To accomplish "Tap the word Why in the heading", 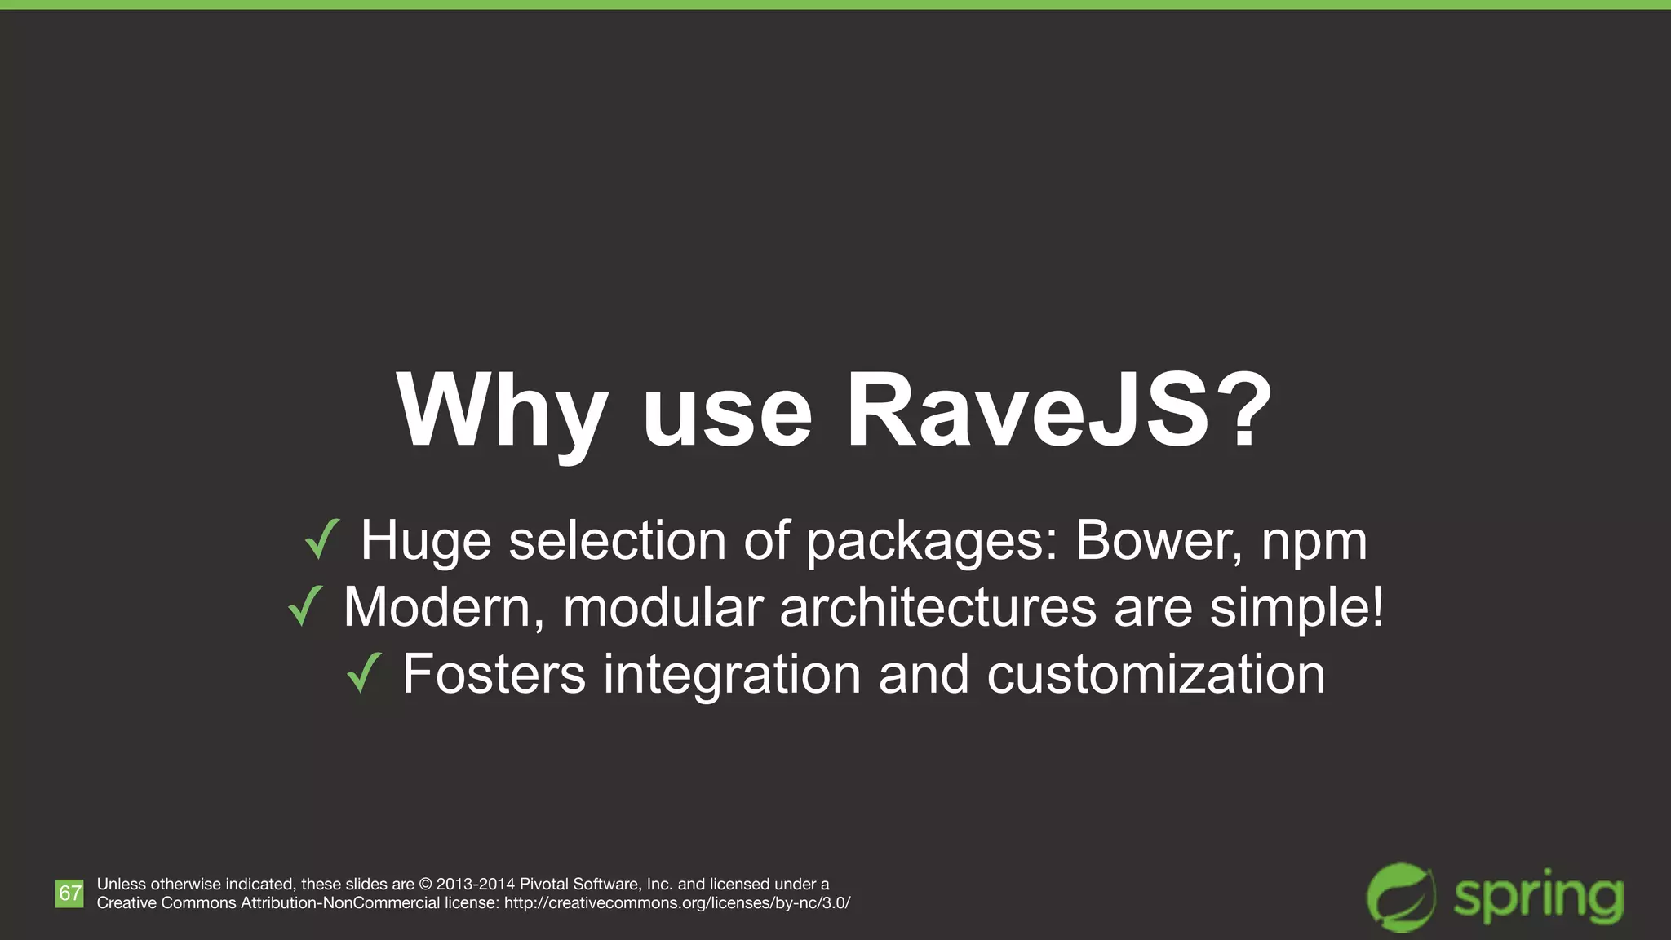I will (502, 413).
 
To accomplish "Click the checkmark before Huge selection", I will (321, 539).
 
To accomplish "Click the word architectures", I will (937, 608).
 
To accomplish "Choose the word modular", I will (663, 608).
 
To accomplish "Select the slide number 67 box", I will (69, 893).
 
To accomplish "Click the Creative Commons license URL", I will (677, 903).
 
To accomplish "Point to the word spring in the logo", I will (1537, 898).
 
